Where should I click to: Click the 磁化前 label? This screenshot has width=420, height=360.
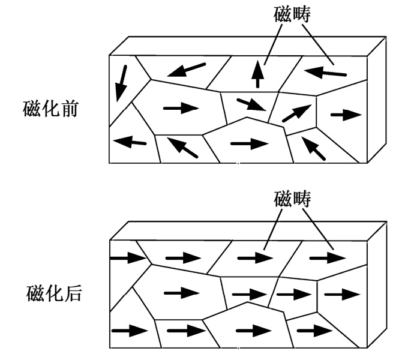(x=50, y=109)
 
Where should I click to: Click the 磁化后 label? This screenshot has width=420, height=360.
(x=54, y=294)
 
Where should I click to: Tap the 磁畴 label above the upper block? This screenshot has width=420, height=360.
(x=292, y=14)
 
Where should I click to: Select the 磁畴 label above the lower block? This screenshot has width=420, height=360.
(x=292, y=199)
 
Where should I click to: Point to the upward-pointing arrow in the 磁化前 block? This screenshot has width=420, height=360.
(x=257, y=74)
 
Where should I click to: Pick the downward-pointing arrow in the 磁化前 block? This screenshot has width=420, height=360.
(x=121, y=83)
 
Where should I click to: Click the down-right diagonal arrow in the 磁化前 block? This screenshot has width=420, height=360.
(x=251, y=104)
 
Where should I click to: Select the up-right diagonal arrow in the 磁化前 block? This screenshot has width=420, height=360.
(x=297, y=113)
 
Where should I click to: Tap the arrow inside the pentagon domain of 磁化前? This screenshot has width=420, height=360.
(x=250, y=143)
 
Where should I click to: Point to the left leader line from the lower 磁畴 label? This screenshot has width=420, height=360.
(x=273, y=230)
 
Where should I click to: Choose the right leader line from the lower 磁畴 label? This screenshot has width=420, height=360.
(x=318, y=230)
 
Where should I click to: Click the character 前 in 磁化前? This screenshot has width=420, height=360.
(x=70, y=109)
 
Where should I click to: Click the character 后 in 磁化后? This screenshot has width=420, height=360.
(x=73, y=294)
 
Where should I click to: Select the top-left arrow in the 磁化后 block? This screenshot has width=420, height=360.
(x=128, y=258)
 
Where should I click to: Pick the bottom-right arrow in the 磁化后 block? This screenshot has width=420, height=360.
(x=315, y=331)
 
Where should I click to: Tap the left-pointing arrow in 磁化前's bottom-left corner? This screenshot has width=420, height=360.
(x=130, y=142)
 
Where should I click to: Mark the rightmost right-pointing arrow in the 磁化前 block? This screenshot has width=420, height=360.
(x=346, y=115)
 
